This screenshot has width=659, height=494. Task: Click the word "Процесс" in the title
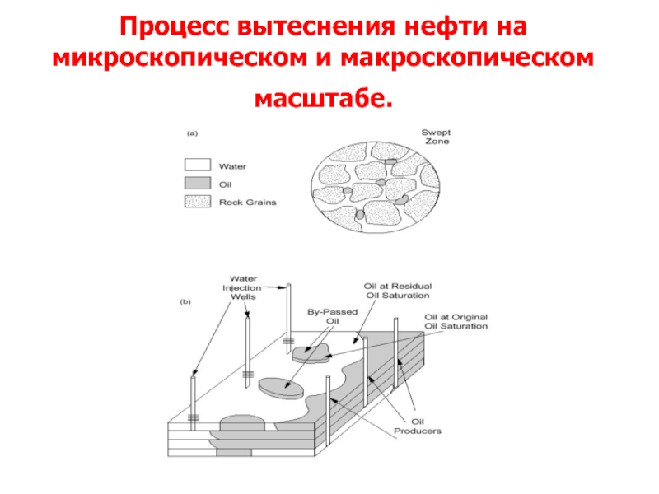coord(175,27)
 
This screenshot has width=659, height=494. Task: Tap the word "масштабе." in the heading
coord(323,99)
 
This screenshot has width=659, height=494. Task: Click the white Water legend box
coord(198,165)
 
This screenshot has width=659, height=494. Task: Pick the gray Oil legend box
coord(198,183)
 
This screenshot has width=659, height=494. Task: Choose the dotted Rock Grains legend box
coord(198,202)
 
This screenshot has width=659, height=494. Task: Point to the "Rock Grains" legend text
coord(248,203)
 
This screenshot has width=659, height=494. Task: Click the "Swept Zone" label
coord(437,137)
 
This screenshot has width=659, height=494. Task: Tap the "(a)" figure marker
coord(192,133)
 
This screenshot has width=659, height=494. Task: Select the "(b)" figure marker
coord(185,301)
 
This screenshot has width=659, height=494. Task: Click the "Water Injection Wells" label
coord(242,287)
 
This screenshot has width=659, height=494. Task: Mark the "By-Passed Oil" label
coord(333,316)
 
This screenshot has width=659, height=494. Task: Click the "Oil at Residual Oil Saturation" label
coord(398,291)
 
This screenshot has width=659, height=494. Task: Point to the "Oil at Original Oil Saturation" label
coord(456,321)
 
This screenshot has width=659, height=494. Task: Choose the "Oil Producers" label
coord(418,426)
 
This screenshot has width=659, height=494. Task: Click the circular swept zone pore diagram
coord(376,187)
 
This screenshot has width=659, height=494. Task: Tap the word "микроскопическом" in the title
coord(180,58)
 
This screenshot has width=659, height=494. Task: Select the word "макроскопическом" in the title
coord(467,58)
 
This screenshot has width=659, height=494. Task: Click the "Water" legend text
coord(232,166)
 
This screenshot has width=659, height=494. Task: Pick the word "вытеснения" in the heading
coord(316,26)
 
